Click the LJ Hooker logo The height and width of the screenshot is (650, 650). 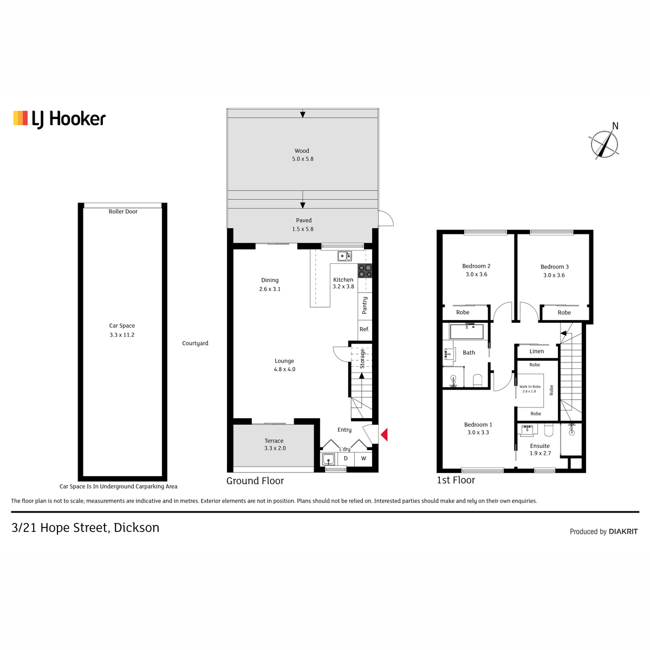click(x=60, y=119)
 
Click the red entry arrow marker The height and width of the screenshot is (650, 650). click(x=384, y=434)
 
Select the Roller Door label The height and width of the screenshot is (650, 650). click(x=123, y=211)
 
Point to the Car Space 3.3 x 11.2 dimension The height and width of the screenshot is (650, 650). click(x=122, y=335)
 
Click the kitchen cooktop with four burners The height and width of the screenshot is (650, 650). click(x=365, y=270)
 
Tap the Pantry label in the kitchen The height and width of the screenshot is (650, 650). click(x=365, y=305)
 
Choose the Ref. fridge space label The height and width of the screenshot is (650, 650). click(x=365, y=329)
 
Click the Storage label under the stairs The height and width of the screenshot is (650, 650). click(x=362, y=359)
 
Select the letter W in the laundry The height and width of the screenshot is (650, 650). click(x=363, y=458)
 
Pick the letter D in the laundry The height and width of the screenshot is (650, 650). click(x=346, y=458)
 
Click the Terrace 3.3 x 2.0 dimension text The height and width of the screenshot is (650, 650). click(x=275, y=448)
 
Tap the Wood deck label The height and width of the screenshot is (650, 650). click(x=302, y=151)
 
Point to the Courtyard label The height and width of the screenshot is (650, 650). click(x=195, y=343)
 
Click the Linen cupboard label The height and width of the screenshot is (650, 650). click(x=536, y=351)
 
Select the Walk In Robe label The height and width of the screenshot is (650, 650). click(x=530, y=387)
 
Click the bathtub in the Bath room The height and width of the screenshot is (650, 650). click(x=466, y=332)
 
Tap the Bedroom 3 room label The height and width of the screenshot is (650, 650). click(x=555, y=267)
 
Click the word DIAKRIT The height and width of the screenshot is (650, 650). click(x=623, y=531)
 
